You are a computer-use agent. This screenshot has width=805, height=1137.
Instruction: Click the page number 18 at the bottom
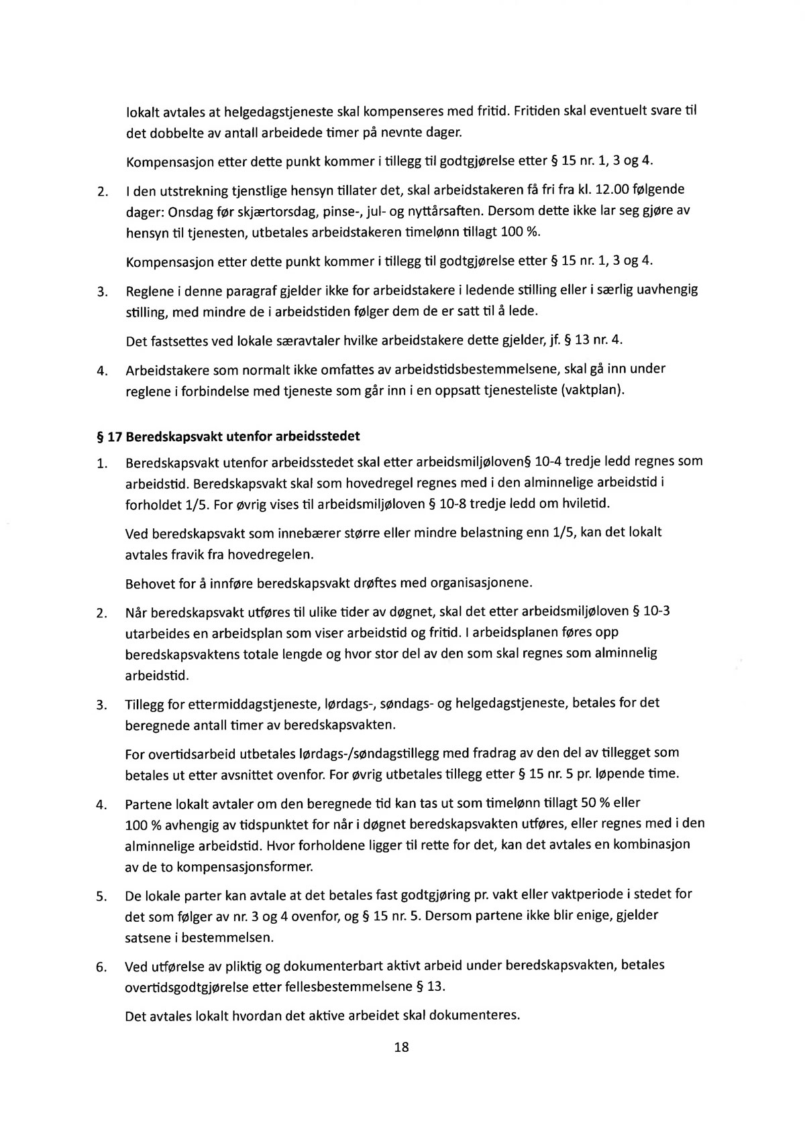[402, 1047]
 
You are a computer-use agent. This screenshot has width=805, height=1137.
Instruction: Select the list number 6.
[101, 967]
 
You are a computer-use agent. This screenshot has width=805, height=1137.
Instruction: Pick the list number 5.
[101, 896]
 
